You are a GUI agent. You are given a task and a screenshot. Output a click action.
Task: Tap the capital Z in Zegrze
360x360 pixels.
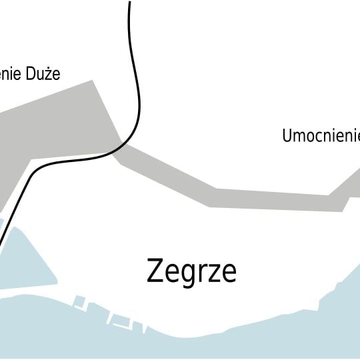click(155, 271)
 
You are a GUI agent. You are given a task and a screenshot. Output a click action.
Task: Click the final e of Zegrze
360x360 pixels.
click(229, 273)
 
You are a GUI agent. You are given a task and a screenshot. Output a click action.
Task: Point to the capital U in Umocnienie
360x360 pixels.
click(288, 136)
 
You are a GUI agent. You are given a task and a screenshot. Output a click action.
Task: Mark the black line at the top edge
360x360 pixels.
click(129, 3)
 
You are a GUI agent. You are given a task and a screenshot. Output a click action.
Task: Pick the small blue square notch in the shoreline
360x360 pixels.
click(79, 301)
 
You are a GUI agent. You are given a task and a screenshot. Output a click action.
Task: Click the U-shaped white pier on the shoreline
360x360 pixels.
click(120, 321)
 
